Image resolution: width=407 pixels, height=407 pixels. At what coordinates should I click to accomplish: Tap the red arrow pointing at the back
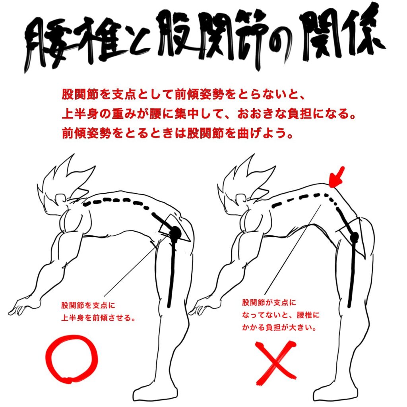coord(337,177)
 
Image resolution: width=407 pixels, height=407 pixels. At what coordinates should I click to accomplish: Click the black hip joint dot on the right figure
coord(354,237)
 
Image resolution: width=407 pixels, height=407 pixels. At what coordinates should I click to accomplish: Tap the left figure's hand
coord(19,308)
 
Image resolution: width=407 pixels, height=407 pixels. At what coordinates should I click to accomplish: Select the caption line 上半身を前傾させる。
coord(99,318)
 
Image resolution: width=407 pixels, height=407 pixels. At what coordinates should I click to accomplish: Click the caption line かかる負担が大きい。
coord(279,328)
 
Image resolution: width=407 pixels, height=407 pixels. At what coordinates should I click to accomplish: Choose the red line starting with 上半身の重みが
coord(208,114)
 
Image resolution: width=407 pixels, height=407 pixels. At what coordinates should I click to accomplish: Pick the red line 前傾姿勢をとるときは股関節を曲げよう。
coord(178,134)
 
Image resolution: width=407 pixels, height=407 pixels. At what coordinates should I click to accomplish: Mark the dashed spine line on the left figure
coord(117,201)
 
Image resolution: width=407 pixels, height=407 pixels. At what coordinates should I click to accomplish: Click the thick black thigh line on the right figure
coord(351,273)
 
